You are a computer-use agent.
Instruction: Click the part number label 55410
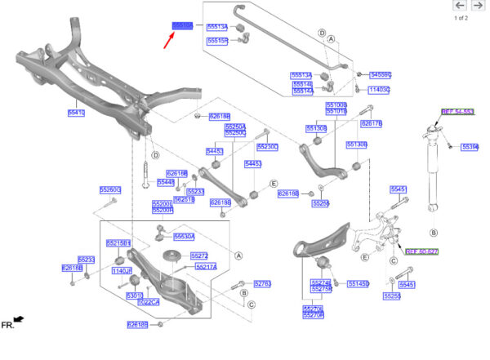[x=76, y=112]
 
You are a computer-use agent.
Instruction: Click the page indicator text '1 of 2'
[x=461, y=18]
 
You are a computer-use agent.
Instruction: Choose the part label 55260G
[x=110, y=189]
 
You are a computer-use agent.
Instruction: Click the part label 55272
[x=199, y=256]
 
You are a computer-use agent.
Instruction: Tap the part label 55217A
[x=204, y=267]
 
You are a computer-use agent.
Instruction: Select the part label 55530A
[x=184, y=236]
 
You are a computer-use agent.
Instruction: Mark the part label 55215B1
[x=118, y=243]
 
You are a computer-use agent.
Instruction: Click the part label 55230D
[x=267, y=147]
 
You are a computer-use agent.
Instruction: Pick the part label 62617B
[x=371, y=123]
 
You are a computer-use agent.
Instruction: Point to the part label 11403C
[x=379, y=90]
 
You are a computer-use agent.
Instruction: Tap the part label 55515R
[x=217, y=40]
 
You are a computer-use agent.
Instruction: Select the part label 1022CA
[x=149, y=301]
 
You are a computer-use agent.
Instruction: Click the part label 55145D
[x=358, y=283]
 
